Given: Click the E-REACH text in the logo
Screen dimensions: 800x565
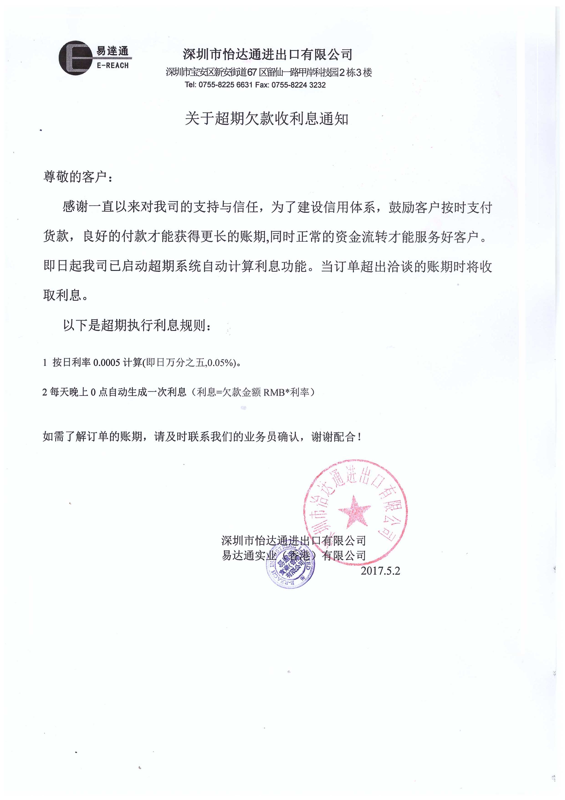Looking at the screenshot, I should (x=112, y=66).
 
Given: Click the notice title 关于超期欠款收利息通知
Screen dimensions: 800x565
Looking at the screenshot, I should (x=266, y=119).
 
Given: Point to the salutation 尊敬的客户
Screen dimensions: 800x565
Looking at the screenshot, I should (x=75, y=177).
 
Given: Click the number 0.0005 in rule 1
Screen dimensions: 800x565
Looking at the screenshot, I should (x=107, y=363).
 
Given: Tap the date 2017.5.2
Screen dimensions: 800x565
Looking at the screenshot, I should (x=380, y=571).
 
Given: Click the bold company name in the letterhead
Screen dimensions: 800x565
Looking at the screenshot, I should (x=268, y=54).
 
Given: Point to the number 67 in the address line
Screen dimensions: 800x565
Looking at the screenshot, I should (x=252, y=72).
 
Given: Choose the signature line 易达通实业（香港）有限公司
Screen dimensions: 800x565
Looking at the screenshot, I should (x=294, y=555).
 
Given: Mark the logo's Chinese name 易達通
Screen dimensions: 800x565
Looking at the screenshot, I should (x=112, y=51).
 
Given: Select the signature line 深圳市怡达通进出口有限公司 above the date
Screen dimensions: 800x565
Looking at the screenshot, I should (x=294, y=541).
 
